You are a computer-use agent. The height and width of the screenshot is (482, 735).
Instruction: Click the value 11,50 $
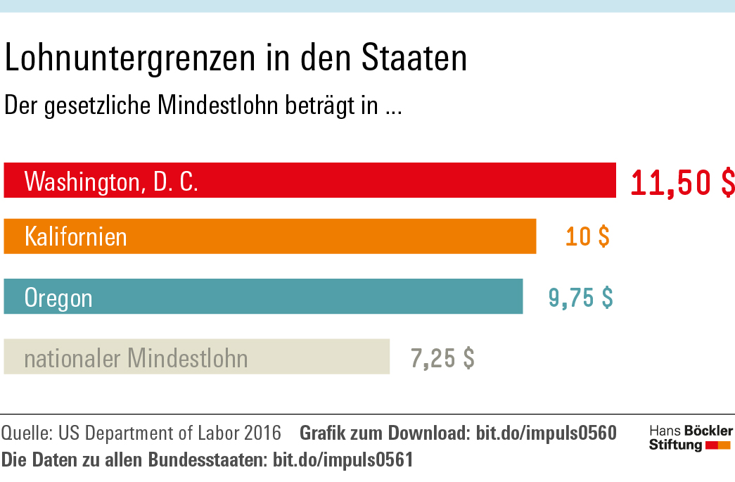[682, 182]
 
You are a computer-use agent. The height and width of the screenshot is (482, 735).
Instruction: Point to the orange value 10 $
[587, 236]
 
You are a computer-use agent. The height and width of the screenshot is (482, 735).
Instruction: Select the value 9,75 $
[580, 297]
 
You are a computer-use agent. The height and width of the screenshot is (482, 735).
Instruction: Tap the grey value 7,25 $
[442, 357]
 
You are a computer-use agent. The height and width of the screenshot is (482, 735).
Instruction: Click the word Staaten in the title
[414, 58]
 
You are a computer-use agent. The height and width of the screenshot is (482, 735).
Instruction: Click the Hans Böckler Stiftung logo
[690, 438]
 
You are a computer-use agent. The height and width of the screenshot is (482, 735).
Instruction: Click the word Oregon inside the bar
[58, 298]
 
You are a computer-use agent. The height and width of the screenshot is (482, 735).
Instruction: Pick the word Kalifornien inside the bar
[76, 236]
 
